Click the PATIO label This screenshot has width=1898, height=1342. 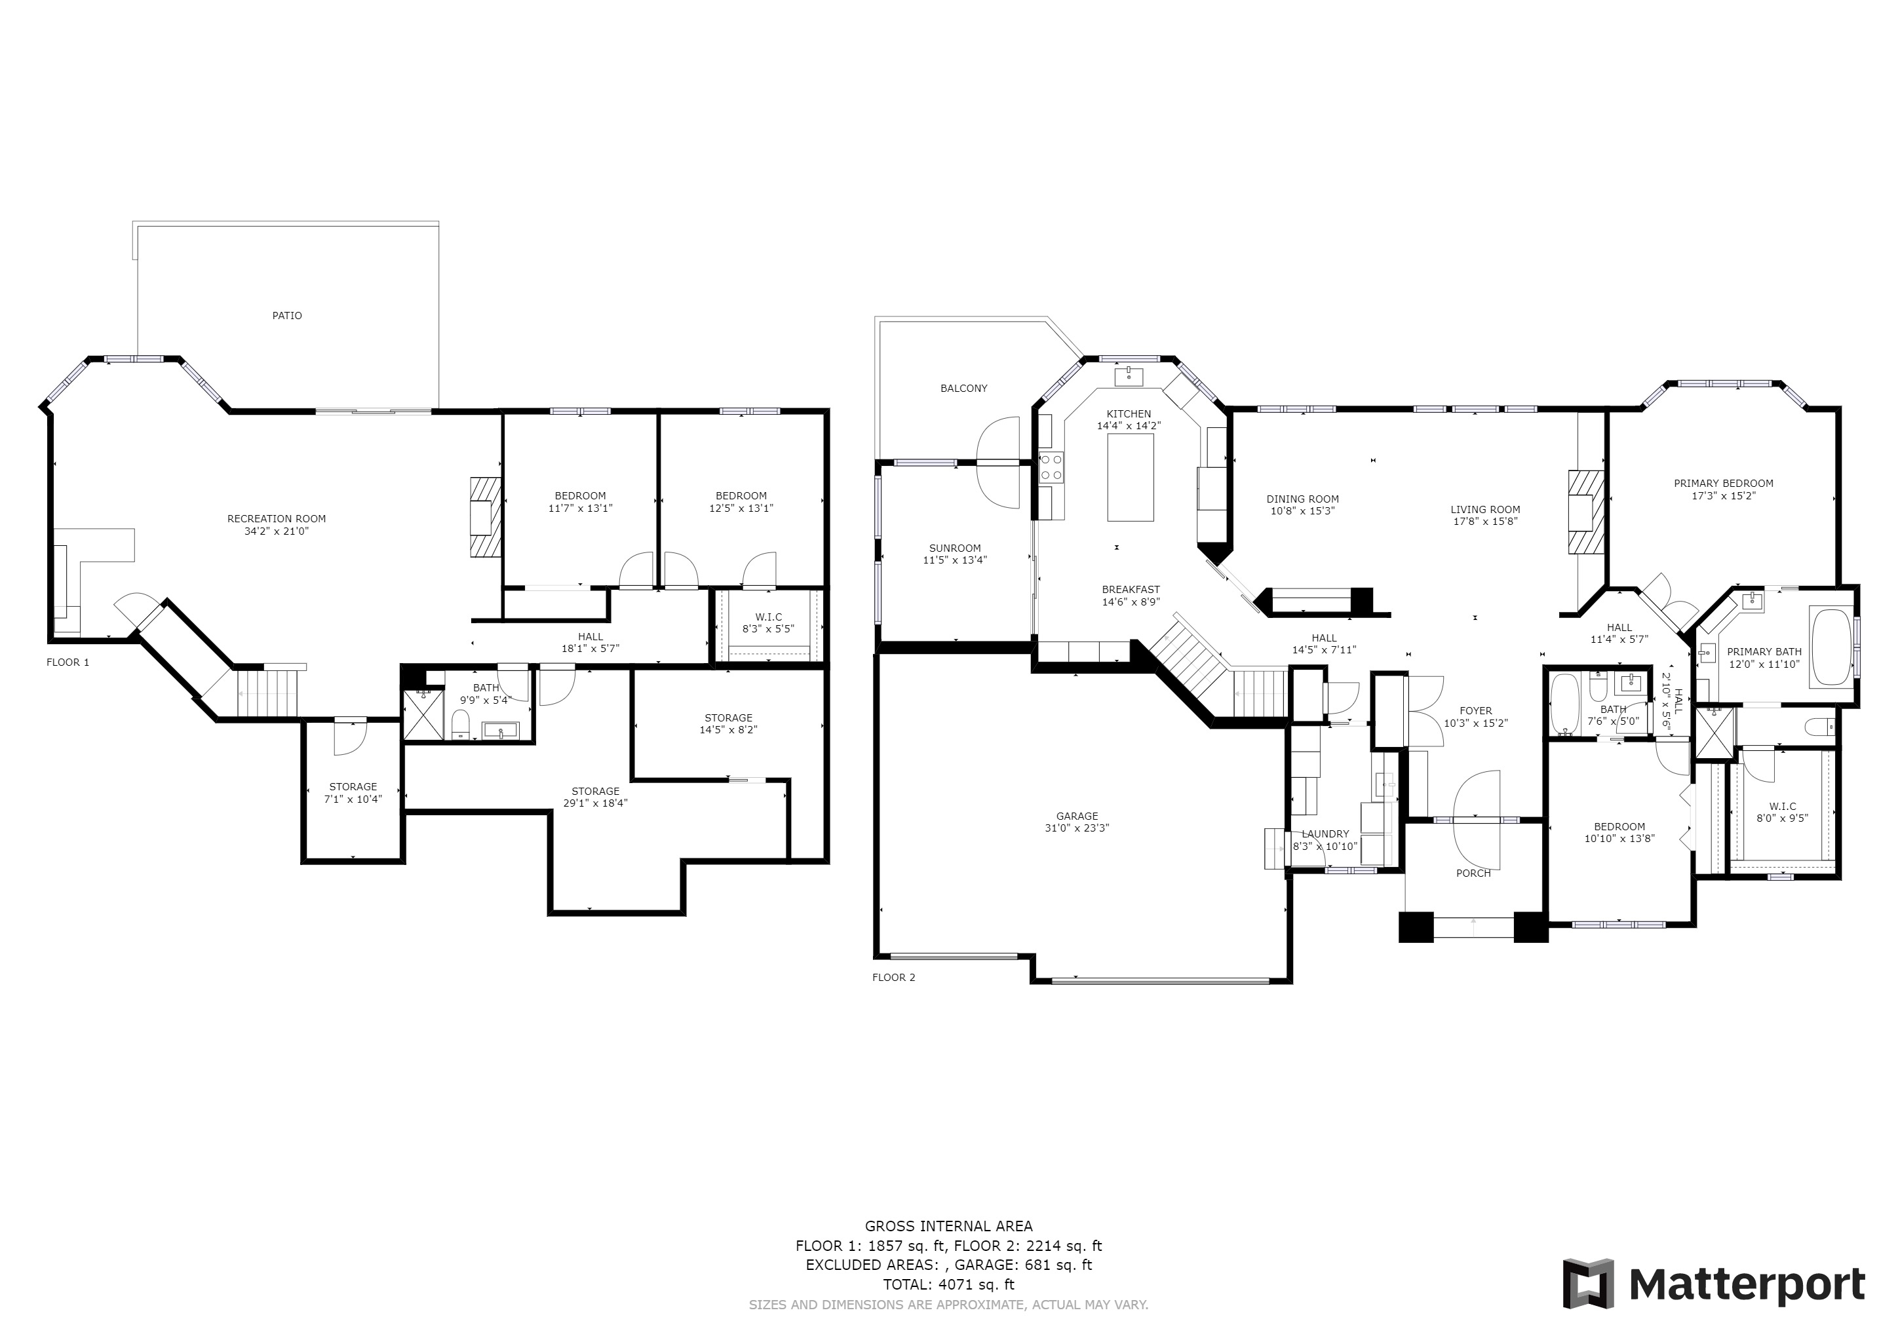pyautogui.click(x=287, y=316)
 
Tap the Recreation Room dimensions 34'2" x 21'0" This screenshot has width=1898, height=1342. pyautogui.click(x=277, y=531)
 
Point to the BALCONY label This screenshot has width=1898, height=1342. pyautogui.click(x=964, y=389)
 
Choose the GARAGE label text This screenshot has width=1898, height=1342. pyautogui.click(x=1077, y=816)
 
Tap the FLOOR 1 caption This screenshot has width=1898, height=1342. pyautogui.click(x=68, y=662)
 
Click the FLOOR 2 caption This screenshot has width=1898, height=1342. pyautogui.click(x=893, y=978)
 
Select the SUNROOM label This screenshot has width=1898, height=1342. pyautogui.click(x=955, y=548)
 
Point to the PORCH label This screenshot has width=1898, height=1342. pyautogui.click(x=1473, y=873)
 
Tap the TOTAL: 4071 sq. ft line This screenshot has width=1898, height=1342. pyautogui.click(x=948, y=1285)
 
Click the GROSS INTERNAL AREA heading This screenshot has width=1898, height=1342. pyautogui.click(x=948, y=1227)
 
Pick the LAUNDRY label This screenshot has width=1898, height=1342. pyautogui.click(x=1325, y=835)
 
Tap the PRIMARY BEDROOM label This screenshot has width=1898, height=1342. pyautogui.click(x=1724, y=484)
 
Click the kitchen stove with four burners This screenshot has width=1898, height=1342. pyautogui.click(x=1051, y=468)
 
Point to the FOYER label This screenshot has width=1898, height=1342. pyautogui.click(x=1475, y=711)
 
